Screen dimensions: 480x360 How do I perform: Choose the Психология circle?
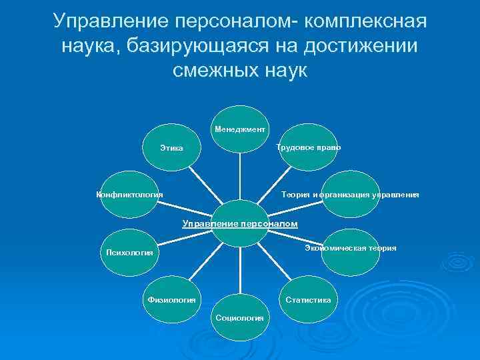(129, 253)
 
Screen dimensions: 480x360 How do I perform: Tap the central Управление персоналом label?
(240, 223)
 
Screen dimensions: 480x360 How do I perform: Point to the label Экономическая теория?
(350, 248)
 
